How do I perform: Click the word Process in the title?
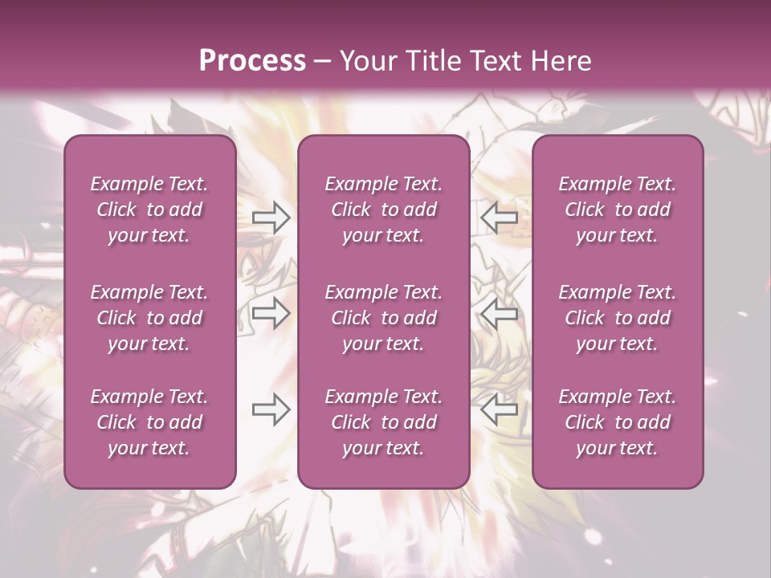[x=252, y=61]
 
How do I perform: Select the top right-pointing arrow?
[x=271, y=217]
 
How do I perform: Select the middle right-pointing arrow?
[x=271, y=313]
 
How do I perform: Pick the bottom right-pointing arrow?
[x=271, y=410]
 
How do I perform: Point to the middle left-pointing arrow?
[x=499, y=313]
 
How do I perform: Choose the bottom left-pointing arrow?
[x=499, y=410]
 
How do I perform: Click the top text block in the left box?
[x=149, y=210]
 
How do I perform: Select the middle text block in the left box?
[x=149, y=318]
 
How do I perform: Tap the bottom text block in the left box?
[x=149, y=422]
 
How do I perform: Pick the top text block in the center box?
[x=383, y=210]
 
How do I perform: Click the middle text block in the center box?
[x=383, y=318]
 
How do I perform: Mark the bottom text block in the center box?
[x=383, y=422]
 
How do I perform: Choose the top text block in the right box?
[x=618, y=210]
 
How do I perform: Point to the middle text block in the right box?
[x=618, y=318]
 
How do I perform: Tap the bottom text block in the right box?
[x=618, y=422]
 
